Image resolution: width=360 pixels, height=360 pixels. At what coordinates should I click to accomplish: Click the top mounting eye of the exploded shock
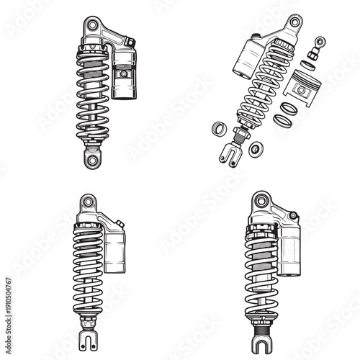[x=293, y=22]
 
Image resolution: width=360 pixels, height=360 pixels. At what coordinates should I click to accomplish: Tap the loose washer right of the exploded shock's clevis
[x=256, y=149]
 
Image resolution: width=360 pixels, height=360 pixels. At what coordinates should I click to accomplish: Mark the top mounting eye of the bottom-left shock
[x=88, y=202]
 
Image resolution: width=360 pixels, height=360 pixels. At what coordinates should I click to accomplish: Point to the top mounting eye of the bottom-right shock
[x=261, y=201]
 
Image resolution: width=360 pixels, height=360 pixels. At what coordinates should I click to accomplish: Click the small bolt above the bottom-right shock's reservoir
[x=293, y=215]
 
